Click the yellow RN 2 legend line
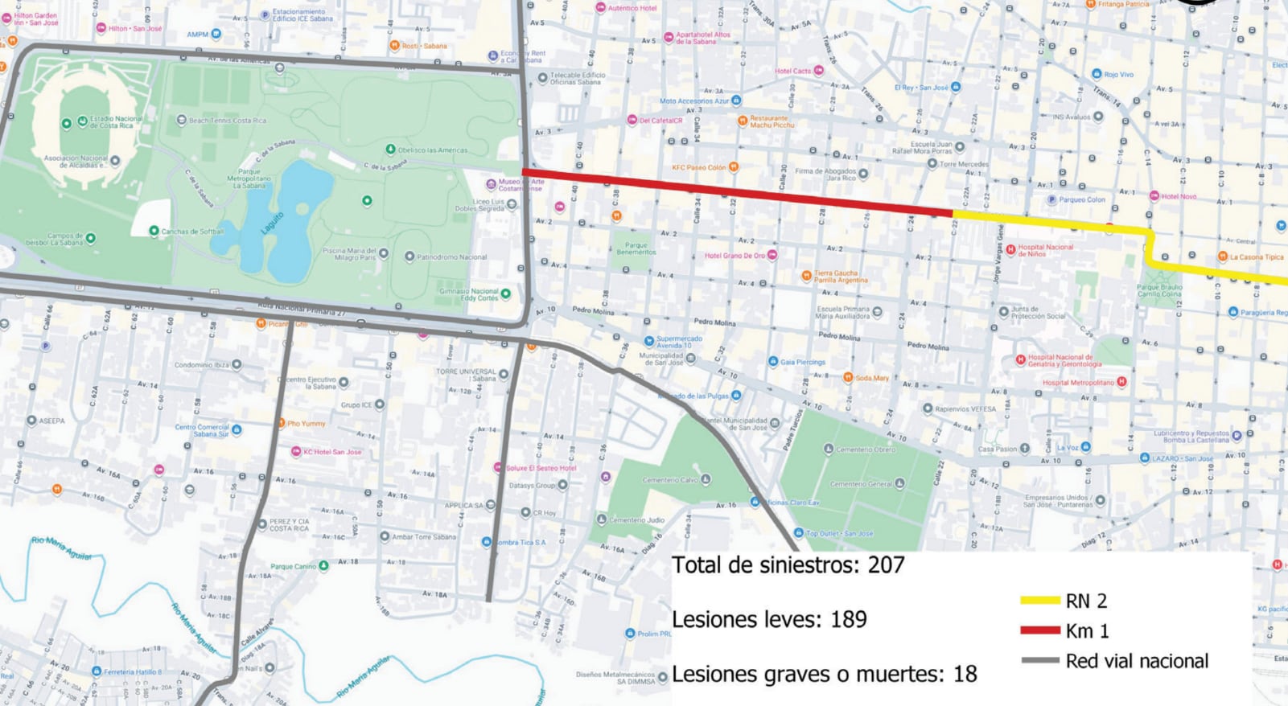coord(1039,601)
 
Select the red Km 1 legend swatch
coord(1039,630)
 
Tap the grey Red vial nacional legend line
coord(1039,661)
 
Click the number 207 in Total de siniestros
coord(886,565)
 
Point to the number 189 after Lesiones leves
coord(848,620)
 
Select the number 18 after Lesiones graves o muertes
coord(965,674)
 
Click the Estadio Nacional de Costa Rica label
coord(116,122)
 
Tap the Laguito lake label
coord(274,221)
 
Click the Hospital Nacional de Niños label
coord(1045,250)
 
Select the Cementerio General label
coord(860,484)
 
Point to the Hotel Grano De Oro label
coord(735,256)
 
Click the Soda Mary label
coord(872,378)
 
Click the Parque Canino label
coord(293,566)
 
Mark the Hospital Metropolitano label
coord(1078,383)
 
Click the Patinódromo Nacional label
coord(451,257)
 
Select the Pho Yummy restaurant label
coord(306,423)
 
